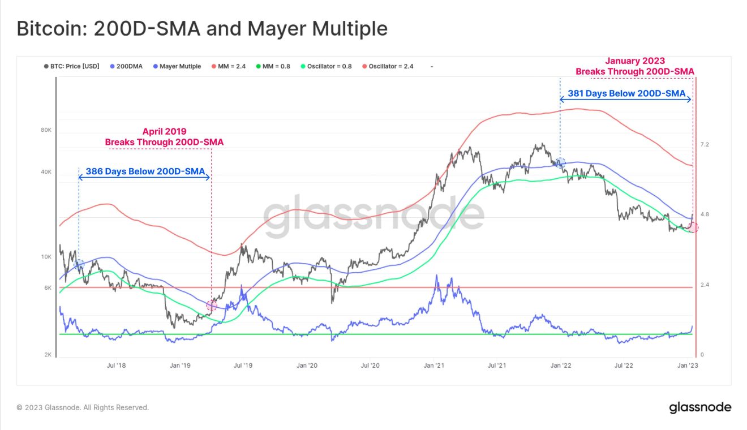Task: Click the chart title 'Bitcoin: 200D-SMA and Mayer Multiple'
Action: click(x=202, y=29)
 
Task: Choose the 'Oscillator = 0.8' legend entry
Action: click(x=329, y=66)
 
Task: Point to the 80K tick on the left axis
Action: click(x=46, y=130)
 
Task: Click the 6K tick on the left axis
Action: click(x=48, y=287)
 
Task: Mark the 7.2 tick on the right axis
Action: click(x=705, y=145)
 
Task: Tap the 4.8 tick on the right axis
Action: click(x=705, y=214)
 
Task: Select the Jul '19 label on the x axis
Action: click(x=243, y=365)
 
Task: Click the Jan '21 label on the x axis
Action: click(x=434, y=365)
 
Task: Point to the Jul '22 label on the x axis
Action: click(x=625, y=365)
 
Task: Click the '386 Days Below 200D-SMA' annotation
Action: click(x=144, y=171)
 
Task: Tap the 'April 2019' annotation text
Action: click(x=164, y=131)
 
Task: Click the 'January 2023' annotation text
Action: click(x=635, y=61)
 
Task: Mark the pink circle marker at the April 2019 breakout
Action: click(x=212, y=306)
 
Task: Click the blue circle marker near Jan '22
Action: click(x=560, y=163)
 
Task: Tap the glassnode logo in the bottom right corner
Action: click(x=700, y=407)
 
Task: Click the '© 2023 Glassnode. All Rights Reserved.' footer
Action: click(x=83, y=407)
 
